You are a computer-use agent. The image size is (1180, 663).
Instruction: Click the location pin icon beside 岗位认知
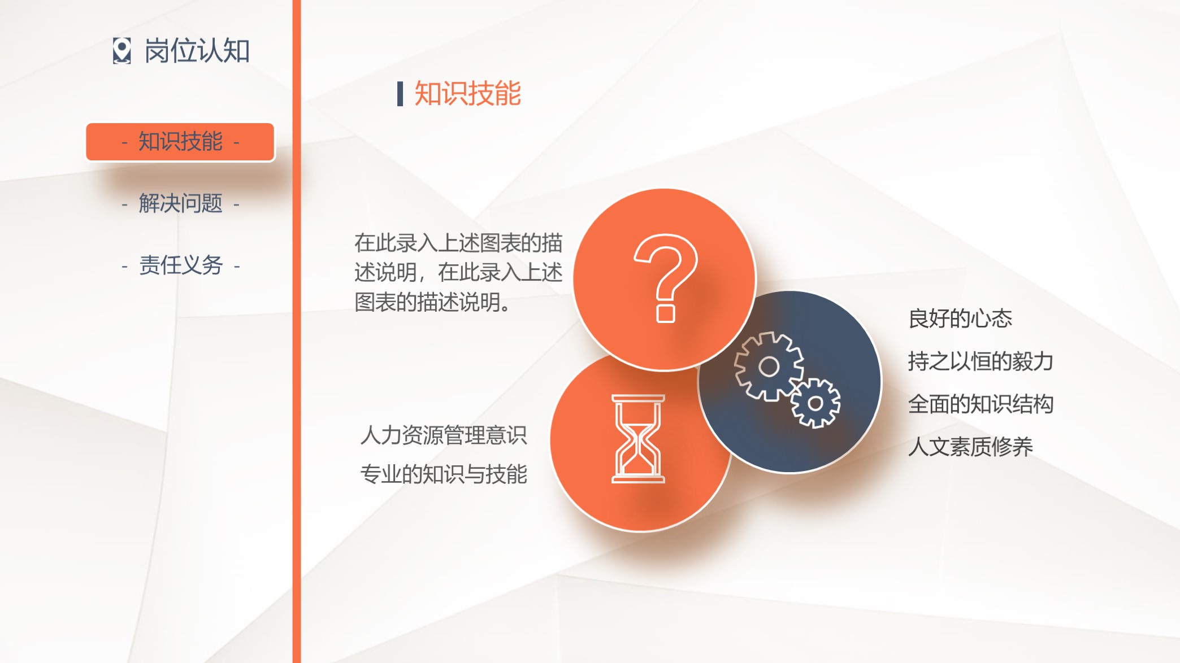122,51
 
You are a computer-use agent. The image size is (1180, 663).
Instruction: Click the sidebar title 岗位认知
197,51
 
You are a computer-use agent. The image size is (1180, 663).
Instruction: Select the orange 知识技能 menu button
180,142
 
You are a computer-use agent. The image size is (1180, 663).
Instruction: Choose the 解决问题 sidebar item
180,203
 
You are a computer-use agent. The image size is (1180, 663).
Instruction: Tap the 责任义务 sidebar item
181,265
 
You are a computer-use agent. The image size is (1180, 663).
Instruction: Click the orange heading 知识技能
467,93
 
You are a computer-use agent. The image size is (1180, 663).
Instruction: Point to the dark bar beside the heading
400,94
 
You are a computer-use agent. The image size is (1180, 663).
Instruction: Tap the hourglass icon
638,439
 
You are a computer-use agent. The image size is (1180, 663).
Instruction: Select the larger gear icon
769,367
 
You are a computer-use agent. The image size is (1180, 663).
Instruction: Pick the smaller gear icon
815,403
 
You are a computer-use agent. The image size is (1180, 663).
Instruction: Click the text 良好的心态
960,319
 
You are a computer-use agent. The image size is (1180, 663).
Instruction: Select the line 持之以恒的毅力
981,361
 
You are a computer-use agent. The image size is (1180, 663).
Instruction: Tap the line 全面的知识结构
981,404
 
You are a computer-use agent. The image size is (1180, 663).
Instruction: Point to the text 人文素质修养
970,447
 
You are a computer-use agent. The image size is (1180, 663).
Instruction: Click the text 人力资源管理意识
444,435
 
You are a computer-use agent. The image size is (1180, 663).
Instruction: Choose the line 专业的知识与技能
444,474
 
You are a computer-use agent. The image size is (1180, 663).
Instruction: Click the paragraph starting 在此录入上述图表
458,272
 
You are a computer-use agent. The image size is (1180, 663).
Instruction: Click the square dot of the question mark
666,313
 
